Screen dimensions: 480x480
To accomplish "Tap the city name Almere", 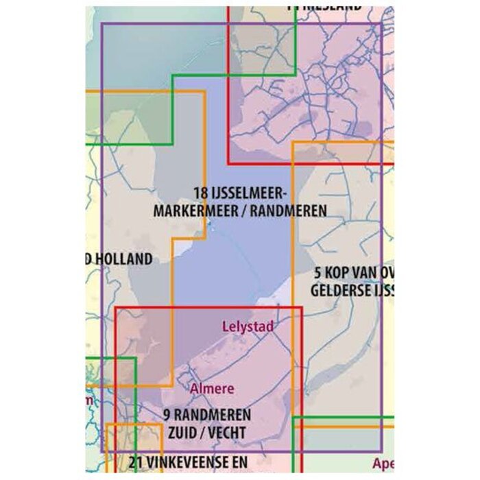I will tap(213, 389).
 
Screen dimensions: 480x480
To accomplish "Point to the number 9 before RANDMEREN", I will tap(168, 415).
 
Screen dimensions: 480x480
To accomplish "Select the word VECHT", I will tap(225, 433).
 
